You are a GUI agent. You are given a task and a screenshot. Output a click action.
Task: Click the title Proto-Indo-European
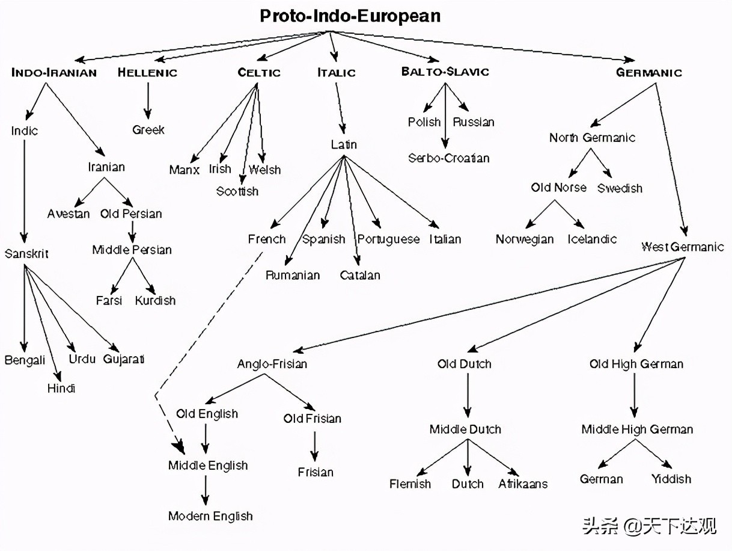(350, 16)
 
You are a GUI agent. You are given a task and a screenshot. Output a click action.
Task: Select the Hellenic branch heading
(147, 73)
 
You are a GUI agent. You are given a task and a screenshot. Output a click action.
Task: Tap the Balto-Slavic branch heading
(445, 72)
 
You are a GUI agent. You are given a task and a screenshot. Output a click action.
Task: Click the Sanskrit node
(26, 254)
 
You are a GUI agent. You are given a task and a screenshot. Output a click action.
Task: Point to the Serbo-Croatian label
(448, 158)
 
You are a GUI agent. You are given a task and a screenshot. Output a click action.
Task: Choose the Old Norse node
(558, 188)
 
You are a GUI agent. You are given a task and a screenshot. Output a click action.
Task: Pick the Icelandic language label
(592, 239)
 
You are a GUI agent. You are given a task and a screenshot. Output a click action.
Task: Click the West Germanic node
(682, 247)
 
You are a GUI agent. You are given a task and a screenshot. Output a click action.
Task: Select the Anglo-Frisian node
(272, 364)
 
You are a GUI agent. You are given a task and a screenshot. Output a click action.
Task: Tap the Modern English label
(210, 516)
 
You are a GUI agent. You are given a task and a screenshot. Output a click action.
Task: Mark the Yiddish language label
(671, 479)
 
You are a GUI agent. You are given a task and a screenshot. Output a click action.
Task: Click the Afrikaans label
(522, 484)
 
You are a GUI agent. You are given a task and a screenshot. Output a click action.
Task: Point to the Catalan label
(360, 275)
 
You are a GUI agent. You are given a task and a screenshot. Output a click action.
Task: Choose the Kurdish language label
(155, 300)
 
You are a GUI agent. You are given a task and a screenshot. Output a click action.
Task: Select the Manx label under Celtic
(184, 170)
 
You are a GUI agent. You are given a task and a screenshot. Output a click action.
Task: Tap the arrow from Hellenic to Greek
(147, 100)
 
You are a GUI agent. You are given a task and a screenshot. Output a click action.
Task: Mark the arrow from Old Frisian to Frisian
(313, 445)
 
